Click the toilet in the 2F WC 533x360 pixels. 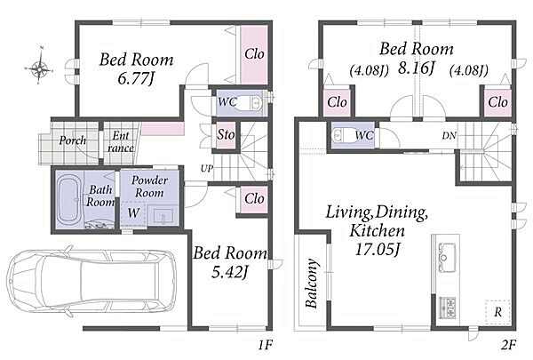coord(344,135)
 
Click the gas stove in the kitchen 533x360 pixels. coord(448,308)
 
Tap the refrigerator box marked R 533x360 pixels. coord(497,312)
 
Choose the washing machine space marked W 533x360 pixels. coord(133,213)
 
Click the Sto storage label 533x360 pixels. coord(226,135)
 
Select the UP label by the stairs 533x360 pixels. coord(207,168)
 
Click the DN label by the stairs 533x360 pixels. coord(449,136)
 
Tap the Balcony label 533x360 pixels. coord(312,284)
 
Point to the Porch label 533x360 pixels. coord(73,140)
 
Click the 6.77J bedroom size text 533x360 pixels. coord(135,79)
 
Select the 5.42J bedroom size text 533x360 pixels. coord(230,272)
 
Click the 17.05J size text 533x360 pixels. coord(378,250)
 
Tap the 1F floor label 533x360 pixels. coord(265,346)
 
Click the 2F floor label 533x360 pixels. coord(508,345)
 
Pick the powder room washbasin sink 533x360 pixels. coord(163,216)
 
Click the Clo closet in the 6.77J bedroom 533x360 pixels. coord(254,55)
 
